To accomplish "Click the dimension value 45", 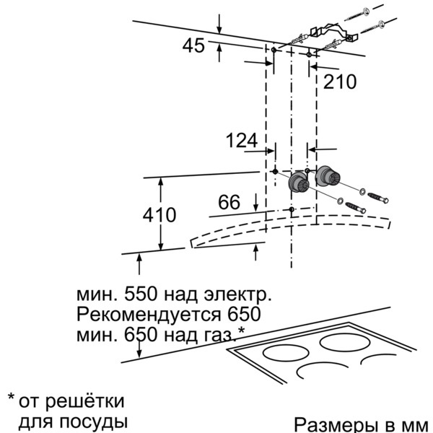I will click(x=193, y=45).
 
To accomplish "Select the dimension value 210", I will click(x=339, y=82).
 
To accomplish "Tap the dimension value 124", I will click(x=242, y=140).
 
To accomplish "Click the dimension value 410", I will click(x=159, y=214).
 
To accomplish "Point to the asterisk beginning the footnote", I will click(x=11, y=399).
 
